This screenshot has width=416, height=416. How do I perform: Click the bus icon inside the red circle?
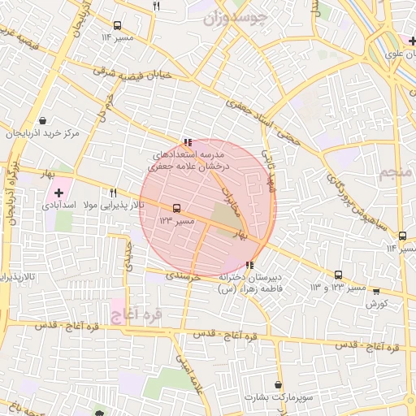(x=176, y=208)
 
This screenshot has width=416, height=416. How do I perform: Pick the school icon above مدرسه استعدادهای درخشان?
(x=188, y=141)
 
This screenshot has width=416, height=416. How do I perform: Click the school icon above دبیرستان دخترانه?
(x=249, y=265)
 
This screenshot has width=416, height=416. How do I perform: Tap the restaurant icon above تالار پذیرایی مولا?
(x=113, y=193)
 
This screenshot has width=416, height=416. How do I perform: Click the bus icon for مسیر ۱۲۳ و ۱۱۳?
(x=339, y=275)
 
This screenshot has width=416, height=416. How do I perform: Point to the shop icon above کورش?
(x=375, y=291)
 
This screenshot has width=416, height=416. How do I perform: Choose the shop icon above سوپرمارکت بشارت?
(x=279, y=384)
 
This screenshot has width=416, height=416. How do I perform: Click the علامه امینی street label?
(x=186, y=373)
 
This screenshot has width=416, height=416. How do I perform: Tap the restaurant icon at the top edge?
(x=157, y=6)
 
